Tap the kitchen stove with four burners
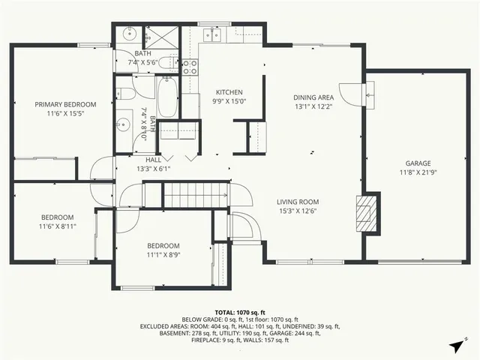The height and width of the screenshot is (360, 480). click(x=190, y=67)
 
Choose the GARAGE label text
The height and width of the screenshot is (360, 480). click(x=418, y=163)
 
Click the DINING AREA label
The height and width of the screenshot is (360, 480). click(x=313, y=97)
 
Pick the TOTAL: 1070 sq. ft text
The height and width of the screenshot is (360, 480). click(x=240, y=312)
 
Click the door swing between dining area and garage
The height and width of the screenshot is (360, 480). click(x=349, y=92)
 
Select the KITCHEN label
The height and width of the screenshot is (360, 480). click(x=229, y=92)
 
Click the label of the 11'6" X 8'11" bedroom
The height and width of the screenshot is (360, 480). click(x=57, y=217)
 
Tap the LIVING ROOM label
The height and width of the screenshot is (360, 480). click(x=298, y=202)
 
